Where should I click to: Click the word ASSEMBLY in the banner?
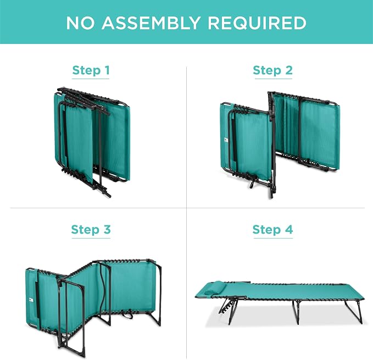151,23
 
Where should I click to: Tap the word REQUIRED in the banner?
257,23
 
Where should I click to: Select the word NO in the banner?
80,23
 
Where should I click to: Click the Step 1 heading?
91,70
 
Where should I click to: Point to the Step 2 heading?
272,70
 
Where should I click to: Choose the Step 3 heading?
91,230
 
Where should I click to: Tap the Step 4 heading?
272,230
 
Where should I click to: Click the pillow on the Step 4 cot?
213,287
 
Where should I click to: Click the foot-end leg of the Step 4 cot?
354,312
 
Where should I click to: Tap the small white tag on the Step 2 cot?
226,140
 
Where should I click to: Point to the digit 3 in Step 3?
107,230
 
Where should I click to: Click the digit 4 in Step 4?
289,230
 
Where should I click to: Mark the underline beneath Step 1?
91,79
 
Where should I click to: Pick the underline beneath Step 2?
274,79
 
